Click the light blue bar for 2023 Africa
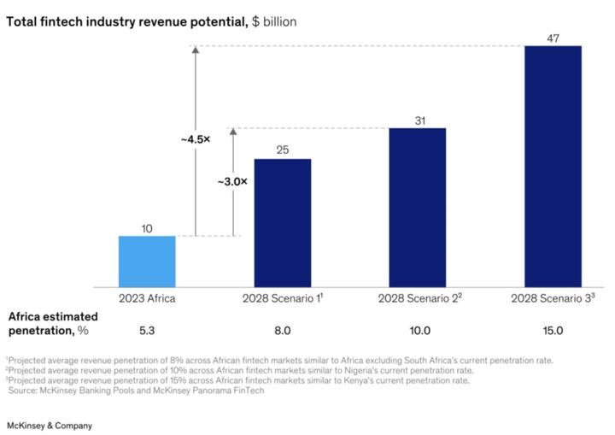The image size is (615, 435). pos(146,262)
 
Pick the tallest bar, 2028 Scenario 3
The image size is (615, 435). pos(553,166)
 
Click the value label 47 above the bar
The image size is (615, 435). pos(553,37)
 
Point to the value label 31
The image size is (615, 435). pos(418,120)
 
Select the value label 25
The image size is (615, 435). pos(282,150)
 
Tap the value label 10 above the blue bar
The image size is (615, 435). pos(146,228)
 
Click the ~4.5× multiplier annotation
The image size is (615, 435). pos(195,138)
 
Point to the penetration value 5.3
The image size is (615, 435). pos(146,330)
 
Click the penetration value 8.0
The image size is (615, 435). pos(282,330)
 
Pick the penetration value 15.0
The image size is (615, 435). pos(553,330)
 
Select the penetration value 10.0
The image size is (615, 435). pos(418,330)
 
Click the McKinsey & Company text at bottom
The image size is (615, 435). pos(50,425)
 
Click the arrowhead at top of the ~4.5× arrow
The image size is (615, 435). pos(195,50)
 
